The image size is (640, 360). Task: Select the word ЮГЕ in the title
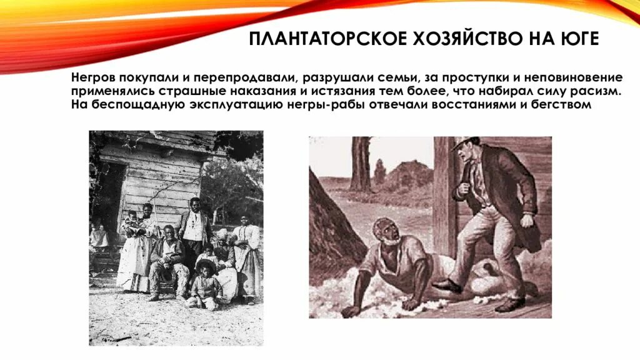(x=581, y=39)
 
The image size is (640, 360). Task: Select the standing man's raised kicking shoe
(x=447, y=284)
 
